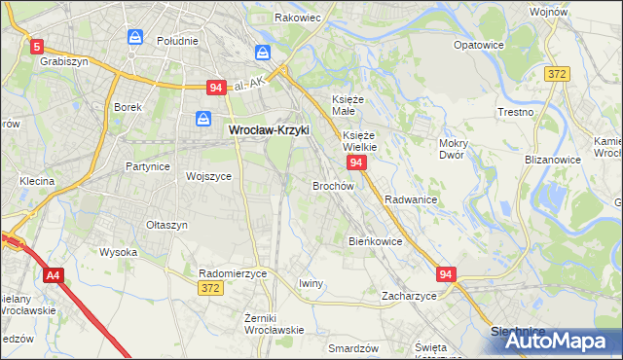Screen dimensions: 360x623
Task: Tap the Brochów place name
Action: [x=332, y=185]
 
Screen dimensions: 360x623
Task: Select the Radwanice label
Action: [x=410, y=198]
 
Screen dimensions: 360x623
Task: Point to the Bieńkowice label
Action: [x=375, y=240]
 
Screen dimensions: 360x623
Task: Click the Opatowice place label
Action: [x=479, y=45]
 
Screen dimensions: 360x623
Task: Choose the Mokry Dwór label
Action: [x=454, y=149]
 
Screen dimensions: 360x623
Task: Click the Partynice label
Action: [x=148, y=166]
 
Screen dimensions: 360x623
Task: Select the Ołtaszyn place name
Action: [x=166, y=225]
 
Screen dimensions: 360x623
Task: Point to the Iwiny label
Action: [x=311, y=283]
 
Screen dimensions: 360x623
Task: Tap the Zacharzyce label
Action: [x=409, y=296]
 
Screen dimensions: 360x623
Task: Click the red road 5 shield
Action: [x=37, y=46]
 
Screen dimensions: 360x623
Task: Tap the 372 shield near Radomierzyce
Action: [x=210, y=288]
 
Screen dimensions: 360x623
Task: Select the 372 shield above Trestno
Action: [x=557, y=74]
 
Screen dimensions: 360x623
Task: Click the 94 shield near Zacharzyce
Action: [x=446, y=275]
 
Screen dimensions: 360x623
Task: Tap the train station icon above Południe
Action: [x=136, y=37]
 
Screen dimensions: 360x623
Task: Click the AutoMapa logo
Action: [x=556, y=341]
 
